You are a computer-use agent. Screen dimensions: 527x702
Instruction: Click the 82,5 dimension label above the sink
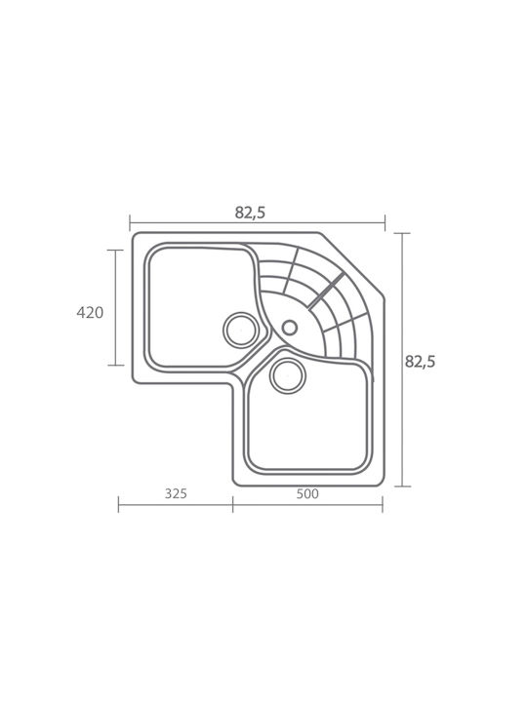click(x=250, y=214)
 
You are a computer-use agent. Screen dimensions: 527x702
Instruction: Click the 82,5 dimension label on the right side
click(x=420, y=362)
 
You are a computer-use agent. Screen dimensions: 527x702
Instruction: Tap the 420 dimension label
click(x=90, y=313)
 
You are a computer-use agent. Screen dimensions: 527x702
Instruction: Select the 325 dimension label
click(x=176, y=493)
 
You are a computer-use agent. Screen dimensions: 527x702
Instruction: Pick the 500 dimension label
click(x=307, y=493)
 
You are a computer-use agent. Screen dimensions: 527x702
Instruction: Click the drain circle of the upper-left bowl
click(x=241, y=330)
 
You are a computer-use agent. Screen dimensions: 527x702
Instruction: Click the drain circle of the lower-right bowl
click(x=288, y=375)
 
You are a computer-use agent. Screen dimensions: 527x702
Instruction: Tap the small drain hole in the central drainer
click(x=290, y=328)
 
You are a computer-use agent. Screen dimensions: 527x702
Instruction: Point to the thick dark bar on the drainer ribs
click(x=326, y=291)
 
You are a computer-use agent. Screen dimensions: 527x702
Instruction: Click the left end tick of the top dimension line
click(x=130, y=223)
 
